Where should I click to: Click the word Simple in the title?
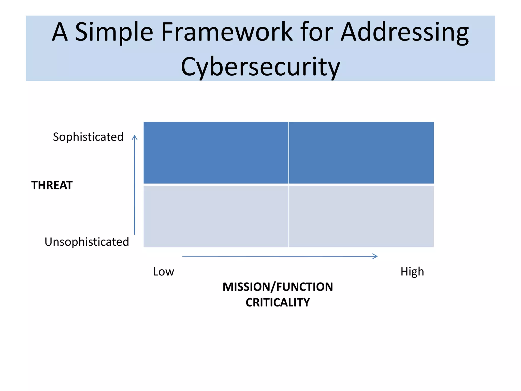click(114, 32)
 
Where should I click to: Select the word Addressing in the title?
click(404, 32)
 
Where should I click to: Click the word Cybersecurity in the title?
click(260, 67)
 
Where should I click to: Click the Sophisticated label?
click(88, 137)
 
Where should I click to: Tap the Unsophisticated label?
click(87, 242)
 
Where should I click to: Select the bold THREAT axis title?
click(52, 185)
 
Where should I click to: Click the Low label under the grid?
click(163, 272)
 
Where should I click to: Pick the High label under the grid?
click(412, 272)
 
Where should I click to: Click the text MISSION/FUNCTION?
click(278, 287)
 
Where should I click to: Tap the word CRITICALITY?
click(278, 302)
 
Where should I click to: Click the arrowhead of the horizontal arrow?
click(377, 256)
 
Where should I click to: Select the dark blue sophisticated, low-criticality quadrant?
click(216, 153)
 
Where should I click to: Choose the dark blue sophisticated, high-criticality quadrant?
click(361, 153)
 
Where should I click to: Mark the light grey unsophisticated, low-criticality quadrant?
click(216, 216)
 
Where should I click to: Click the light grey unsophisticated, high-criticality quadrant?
click(361, 216)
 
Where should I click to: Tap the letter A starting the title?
click(60, 32)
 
